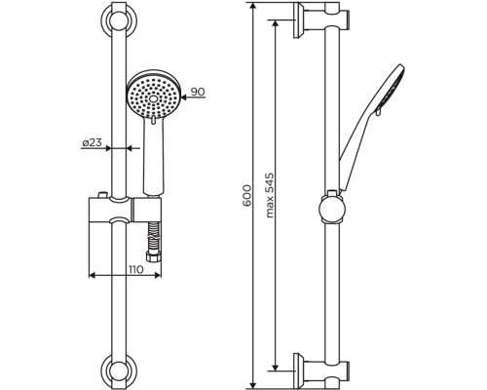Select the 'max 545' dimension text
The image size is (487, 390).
coord(270,196)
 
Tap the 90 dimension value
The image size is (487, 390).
coord(198,93)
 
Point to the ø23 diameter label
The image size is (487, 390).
coord(92,142)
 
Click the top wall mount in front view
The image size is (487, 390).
coord(119,21)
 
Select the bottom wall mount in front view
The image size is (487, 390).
coord(119,370)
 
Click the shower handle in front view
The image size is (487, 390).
coord(152,156)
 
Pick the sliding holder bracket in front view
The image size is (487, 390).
coord(124,210)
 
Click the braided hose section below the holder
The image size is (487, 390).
coord(152,239)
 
